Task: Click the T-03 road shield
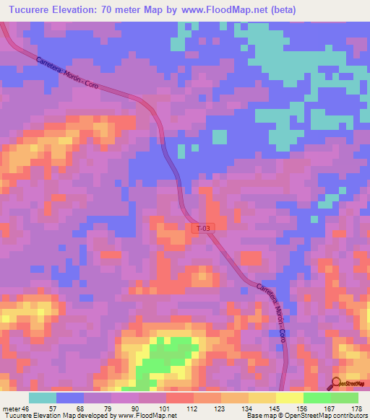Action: click(x=205, y=228)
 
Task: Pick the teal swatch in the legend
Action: click(x=43, y=398)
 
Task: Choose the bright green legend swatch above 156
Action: click(x=317, y=398)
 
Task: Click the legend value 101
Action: click(x=165, y=408)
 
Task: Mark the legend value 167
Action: click(x=330, y=408)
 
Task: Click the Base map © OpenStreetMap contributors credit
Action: click(x=306, y=416)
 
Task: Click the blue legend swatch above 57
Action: click(x=70, y=398)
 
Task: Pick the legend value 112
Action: click(x=192, y=408)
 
